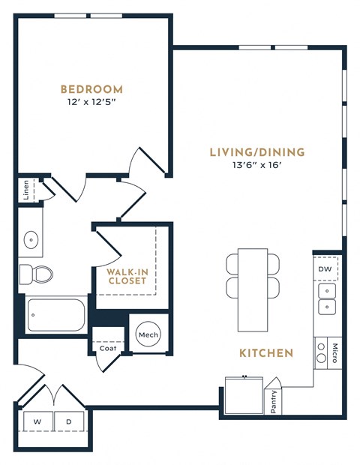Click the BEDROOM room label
point(92,88)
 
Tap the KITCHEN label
point(265,352)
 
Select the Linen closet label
point(26,188)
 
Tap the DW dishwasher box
point(325,268)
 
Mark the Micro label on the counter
point(334,353)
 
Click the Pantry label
point(274,401)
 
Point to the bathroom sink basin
point(32,240)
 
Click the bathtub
point(56,316)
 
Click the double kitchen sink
point(326,298)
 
